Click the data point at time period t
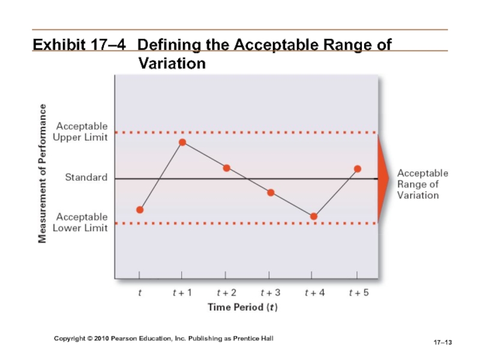pyautogui.click(x=140, y=209)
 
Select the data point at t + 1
pyautogui.click(x=182, y=142)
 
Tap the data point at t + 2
pyautogui.click(x=227, y=168)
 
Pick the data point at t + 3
pyautogui.click(x=271, y=193)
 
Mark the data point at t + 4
pyautogui.click(x=314, y=216)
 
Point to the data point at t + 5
pyautogui.click(x=358, y=169)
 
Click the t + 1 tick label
pyautogui.click(x=182, y=293)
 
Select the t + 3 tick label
pyautogui.click(x=271, y=293)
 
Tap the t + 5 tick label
pyautogui.click(x=359, y=293)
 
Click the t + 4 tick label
pyautogui.click(x=314, y=293)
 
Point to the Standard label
pyautogui.click(x=86, y=178)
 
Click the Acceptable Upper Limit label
pyautogui.click(x=82, y=131)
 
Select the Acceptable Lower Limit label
pyautogui.click(x=82, y=222)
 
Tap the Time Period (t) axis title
pyautogui.click(x=242, y=307)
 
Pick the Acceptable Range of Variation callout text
pyautogui.click(x=422, y=184)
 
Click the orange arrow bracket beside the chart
pyautogui.click(x=383, y=178)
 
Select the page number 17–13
pyautogui.click(x=442, y=342)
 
